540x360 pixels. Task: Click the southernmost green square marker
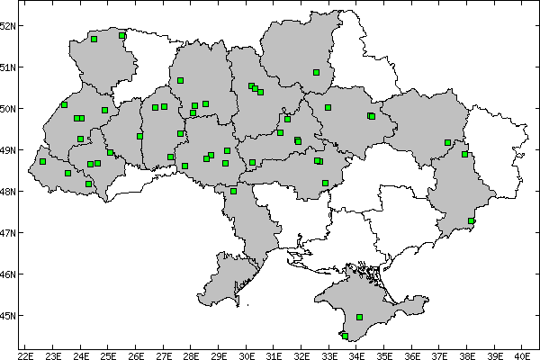click(x=345, y=336)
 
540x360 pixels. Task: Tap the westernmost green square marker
click(x=43, y=162)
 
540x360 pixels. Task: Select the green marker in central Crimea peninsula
click(x=360, y=317)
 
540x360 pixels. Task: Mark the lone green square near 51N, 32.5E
click(x=317, y=72)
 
